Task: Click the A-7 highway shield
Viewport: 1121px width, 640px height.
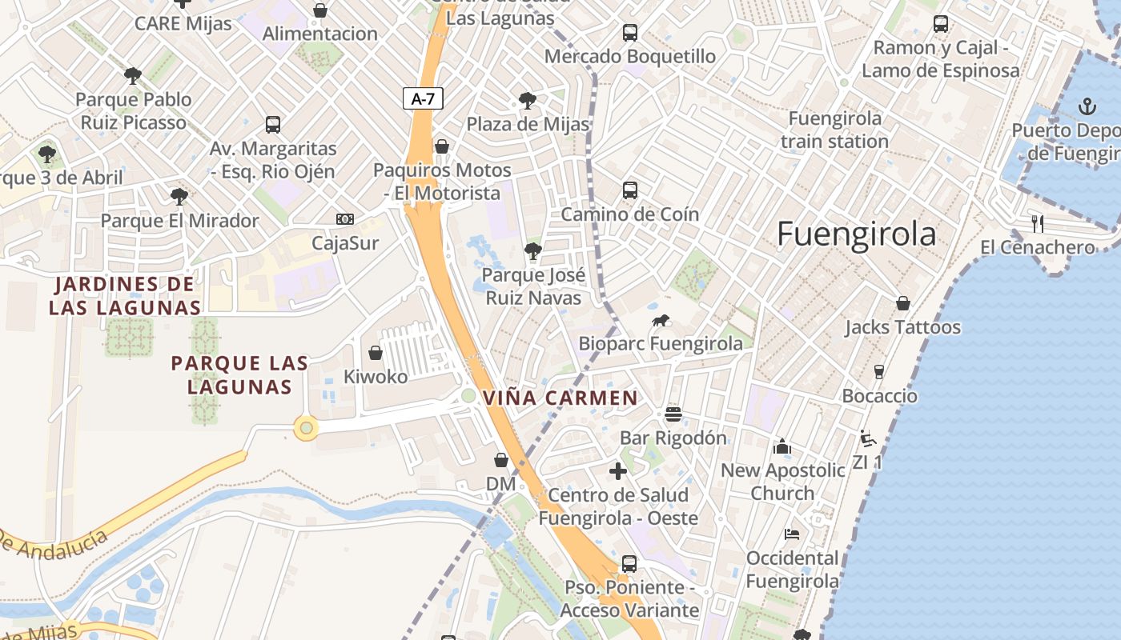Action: pyautogui.click(x=422, y=99)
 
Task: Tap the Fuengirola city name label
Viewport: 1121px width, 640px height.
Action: pyautogui.click(x=856, y=234)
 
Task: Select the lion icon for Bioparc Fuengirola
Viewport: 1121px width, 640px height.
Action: pyautogui.click(x=661, y=322)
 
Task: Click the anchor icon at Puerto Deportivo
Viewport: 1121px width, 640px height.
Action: pyautogui.click(x=1087, y=106)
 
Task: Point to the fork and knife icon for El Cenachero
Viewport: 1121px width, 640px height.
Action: pyautogui.click(x=1038, y=224)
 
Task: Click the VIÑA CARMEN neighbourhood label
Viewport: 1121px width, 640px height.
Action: pyautogui.click(x=560, y=398)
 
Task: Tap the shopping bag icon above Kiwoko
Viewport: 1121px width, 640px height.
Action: pyautogui.click(x=375, y=353)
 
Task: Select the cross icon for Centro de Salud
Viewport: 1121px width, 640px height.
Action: pyautogui.click(x=617, y=471)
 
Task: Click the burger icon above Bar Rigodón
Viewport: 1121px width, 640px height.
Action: pyautogui.click(x=673, y=414)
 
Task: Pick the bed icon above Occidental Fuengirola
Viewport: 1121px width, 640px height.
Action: pyautogui.click(x=792, y=534)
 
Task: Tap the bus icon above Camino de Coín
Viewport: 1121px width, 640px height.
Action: pyautogui.click(x=630, y=190)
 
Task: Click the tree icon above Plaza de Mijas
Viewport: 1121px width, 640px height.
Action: pyautogui.click(x=527, y=101)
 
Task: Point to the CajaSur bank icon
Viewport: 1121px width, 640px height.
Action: pyautogui.click(x=344, y=219)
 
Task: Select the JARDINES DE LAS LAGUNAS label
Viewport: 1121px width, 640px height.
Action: pyautogui.click(x=124, y=295)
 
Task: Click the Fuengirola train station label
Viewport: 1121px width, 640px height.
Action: pyautogui.click(x=834, y=130)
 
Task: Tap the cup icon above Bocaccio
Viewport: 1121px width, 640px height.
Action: pyautogui.click(x=878, y=372)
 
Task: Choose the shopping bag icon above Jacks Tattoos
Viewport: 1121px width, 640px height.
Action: pyautogui.click(x=902, y=304)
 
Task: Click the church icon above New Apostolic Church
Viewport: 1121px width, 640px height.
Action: pyautogui.click(x=782, y=446)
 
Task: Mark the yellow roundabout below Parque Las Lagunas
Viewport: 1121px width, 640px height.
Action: pyautogui.click(x=306, y=428)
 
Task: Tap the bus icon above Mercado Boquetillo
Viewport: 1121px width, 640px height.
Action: pyautogui.click(x=630, y=33)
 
